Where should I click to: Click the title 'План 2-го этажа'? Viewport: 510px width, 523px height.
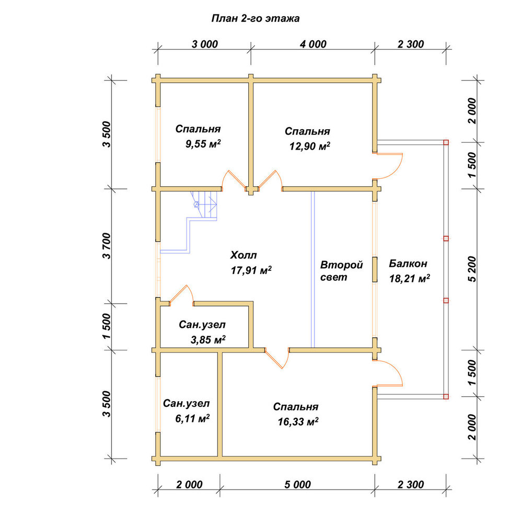point(256,18)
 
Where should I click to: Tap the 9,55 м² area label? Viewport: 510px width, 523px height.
point(203,144)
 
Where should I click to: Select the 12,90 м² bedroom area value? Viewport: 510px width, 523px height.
point(310,146)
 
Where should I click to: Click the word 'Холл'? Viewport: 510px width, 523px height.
point(244,256)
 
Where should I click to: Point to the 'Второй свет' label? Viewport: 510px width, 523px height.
point(341,271)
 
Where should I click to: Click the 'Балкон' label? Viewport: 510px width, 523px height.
point(408,264)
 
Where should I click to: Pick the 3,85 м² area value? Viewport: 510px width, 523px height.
point(208,339)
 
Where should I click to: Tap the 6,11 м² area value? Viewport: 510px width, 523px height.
point(192,418)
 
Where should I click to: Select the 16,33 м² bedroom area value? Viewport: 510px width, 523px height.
point(298,422)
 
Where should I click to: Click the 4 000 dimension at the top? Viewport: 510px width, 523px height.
point(313,44)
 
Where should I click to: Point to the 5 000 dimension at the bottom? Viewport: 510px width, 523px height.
point(297,484)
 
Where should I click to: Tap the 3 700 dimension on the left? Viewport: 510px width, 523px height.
point(106,246)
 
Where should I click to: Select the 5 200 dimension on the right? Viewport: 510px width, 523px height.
point(472,269)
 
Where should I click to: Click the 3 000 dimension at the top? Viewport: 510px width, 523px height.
point(205,44)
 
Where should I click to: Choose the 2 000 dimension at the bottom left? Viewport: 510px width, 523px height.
point(189,484)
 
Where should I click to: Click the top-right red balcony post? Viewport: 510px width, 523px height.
point(446,142)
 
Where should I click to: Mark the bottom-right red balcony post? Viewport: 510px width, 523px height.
point(446,396)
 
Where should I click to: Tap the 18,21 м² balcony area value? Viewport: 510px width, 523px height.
point(410,278)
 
